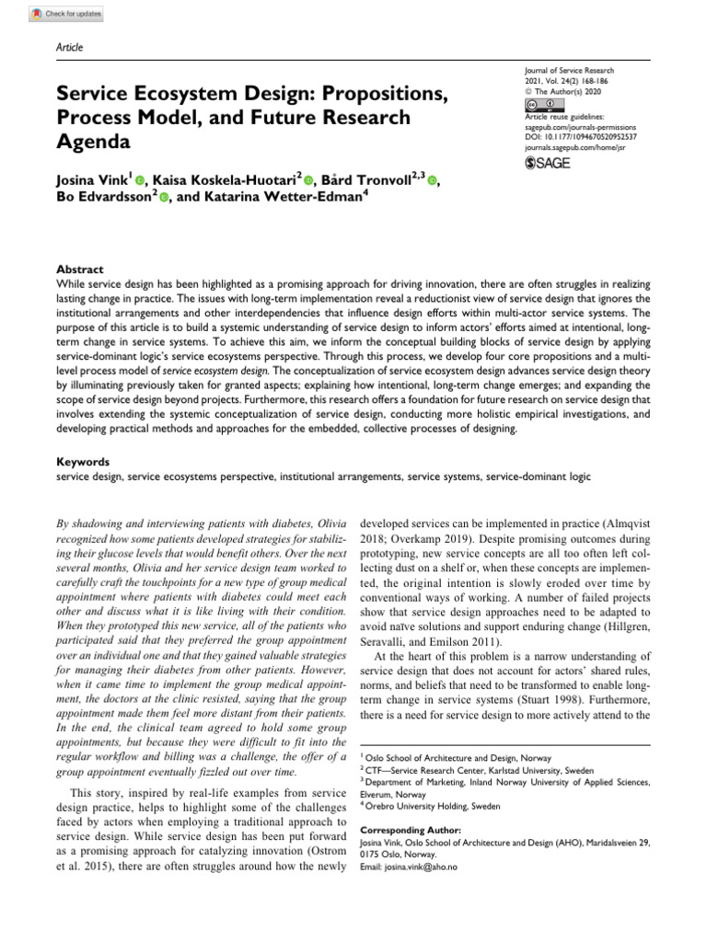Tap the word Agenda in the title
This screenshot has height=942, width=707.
click(95, 143)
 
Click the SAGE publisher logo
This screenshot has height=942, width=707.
click(548, 163)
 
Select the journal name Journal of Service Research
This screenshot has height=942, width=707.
click(568, 71)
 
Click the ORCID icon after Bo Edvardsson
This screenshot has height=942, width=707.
click(164, 198)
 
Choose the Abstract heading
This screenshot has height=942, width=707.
click(80, 270)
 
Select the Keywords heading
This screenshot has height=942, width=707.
click(83, 462)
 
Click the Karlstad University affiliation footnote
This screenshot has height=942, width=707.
click(479, 770)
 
